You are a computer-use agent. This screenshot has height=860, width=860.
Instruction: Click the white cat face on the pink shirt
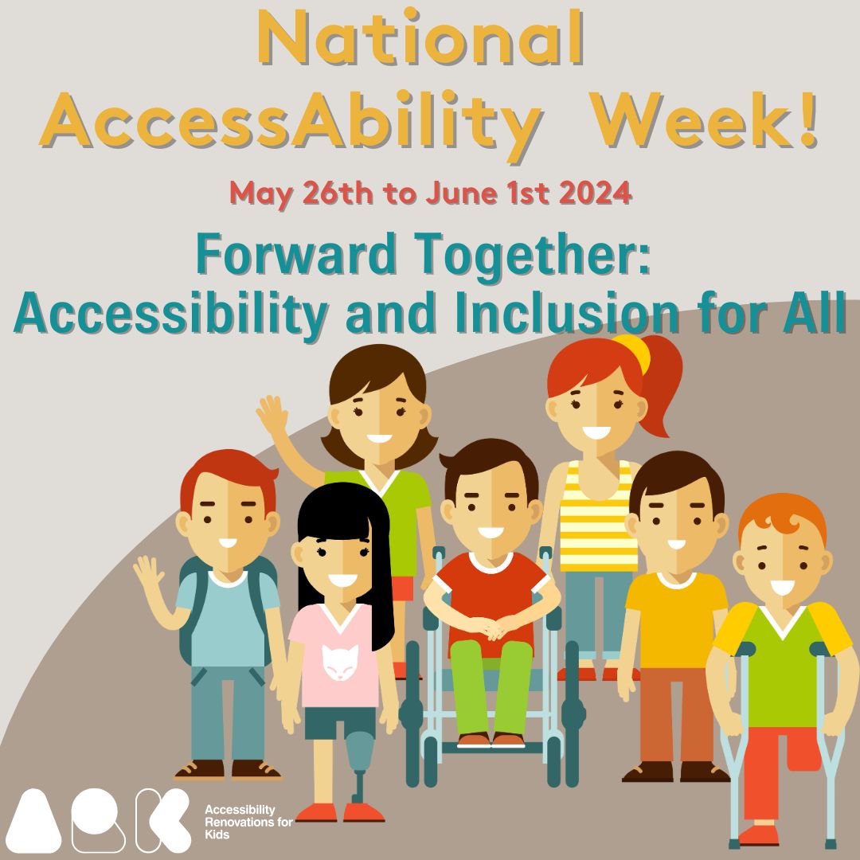pos(340,659)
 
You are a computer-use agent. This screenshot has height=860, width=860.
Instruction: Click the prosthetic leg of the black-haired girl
pos(360,760)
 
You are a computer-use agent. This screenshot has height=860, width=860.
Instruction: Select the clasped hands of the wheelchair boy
pos(491,628)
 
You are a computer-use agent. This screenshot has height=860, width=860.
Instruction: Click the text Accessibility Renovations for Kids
pos(248,820)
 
